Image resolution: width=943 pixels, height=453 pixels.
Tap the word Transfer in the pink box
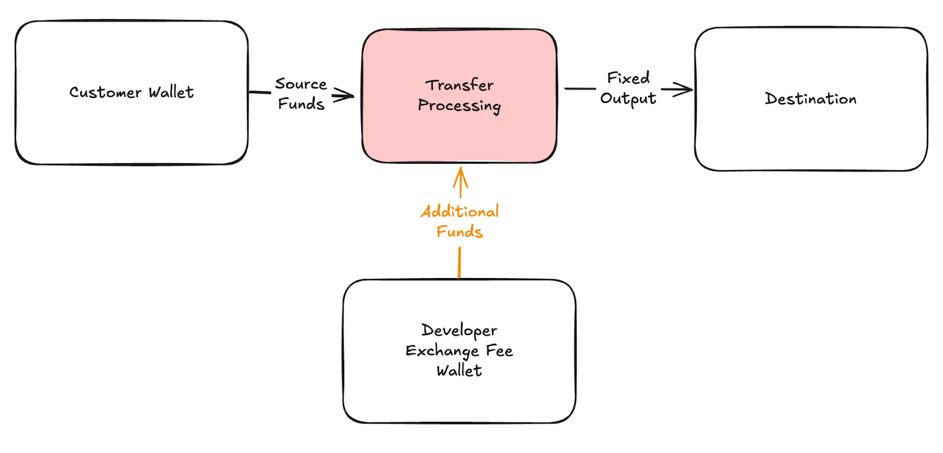[x=460, y=85]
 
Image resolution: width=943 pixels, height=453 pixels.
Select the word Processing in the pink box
[x=459, y=106]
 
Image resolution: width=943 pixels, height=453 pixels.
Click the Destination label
[x=810, y=99]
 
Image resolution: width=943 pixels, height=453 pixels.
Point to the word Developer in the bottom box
[x=459, y=330]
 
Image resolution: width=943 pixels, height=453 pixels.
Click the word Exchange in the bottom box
[x=442, y=351]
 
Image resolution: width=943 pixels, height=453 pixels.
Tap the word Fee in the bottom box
[x=499, y=351]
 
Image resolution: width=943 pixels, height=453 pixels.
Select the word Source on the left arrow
[x=301, y=84]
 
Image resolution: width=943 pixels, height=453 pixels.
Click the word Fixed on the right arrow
[x=628, y=78]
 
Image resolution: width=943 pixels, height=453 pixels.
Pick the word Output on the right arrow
[x=628, y=98]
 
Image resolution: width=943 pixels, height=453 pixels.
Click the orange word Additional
[x=460, y=211]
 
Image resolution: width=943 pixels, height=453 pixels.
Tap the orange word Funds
[x=460, y=232]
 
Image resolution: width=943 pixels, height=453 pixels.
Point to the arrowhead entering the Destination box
[x=684, y=90]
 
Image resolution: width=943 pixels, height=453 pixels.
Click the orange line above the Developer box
[x=459, y=262]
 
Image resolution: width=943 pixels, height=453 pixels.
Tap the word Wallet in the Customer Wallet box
[x=171, y=92]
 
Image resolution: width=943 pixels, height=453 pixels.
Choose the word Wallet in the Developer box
[x=459, y=371]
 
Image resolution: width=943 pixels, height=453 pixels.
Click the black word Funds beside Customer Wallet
[x=301, y=104]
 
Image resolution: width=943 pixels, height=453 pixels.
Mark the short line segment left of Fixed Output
[x=581, y=89]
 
